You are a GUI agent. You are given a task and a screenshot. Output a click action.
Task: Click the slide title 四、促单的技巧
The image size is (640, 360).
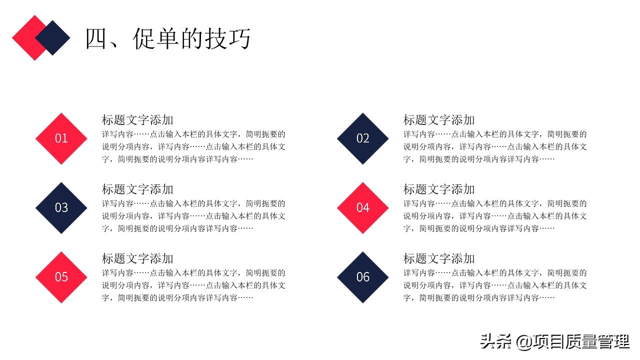[x=167, y=38]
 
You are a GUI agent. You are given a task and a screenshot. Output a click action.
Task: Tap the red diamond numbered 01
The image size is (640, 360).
[x=61, y=138]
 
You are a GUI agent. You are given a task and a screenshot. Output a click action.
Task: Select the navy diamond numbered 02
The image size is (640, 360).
[x=362, y=138]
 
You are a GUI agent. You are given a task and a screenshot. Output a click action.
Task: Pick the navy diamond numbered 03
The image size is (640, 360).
[x=61, y=207]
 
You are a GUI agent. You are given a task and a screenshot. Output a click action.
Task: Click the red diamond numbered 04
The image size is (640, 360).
[x=362, y=207]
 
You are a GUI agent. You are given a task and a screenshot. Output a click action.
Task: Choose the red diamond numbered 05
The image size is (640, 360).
[x=61, y=277]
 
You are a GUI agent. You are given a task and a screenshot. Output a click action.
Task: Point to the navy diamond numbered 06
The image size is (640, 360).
[x=362, y=277]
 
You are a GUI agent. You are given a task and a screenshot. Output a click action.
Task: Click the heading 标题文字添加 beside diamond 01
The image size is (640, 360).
[x=137, y=120]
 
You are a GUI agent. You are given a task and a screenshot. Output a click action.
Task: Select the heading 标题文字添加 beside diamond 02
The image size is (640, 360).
[x=439, y=120]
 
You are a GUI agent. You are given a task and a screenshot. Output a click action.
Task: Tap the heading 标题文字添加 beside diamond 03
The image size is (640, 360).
[x=137, y=189]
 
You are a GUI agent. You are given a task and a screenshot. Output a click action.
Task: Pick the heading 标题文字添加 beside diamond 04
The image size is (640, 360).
[x=439, y=189]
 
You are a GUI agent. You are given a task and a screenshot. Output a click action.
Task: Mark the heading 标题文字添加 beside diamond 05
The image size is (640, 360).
[x=137, y=258]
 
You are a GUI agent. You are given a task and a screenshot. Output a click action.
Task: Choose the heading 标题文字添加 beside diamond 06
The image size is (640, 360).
[x=439, y=258]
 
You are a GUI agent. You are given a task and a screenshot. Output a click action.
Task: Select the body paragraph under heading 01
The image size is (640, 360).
[x=194, y=147]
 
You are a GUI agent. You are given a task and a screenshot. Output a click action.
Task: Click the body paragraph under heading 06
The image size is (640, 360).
[x=495, y=285]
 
